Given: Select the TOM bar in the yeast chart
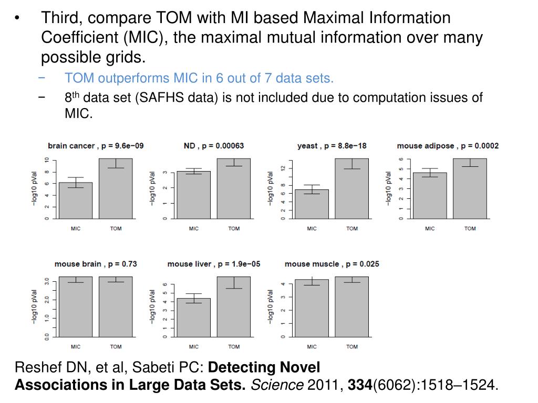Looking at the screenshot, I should click(351, 189).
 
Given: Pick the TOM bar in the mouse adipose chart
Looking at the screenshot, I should click(470, 189).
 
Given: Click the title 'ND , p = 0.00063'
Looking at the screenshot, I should click(214, 146).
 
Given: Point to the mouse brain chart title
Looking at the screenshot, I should click(96, 264).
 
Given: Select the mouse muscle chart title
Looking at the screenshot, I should click(332, 264).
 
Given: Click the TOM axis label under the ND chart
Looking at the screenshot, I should click(234, 228).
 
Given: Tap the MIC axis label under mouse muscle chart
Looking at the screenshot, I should click(312, 346).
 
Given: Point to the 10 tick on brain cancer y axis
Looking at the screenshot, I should click(47, 160).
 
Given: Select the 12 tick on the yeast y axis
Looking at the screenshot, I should click(283, 168).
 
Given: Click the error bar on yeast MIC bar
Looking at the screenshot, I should click(312, 189).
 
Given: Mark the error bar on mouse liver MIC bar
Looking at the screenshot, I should click(194, 298).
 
